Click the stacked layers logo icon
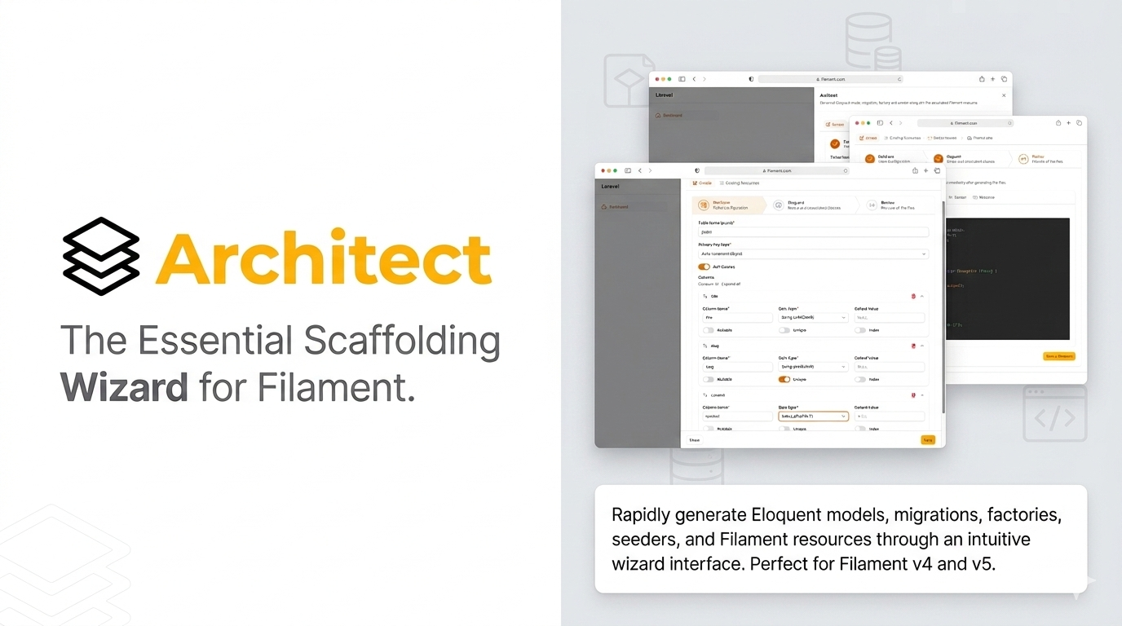101,256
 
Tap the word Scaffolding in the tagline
401,341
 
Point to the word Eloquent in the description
785,515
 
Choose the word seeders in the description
641,540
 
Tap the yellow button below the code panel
1059,356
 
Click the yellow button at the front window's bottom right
927,440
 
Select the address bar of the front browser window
776,171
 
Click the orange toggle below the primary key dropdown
704,267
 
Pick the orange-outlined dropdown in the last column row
813,416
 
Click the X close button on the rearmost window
1004,95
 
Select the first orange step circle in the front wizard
704,205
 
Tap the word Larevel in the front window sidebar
611,187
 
